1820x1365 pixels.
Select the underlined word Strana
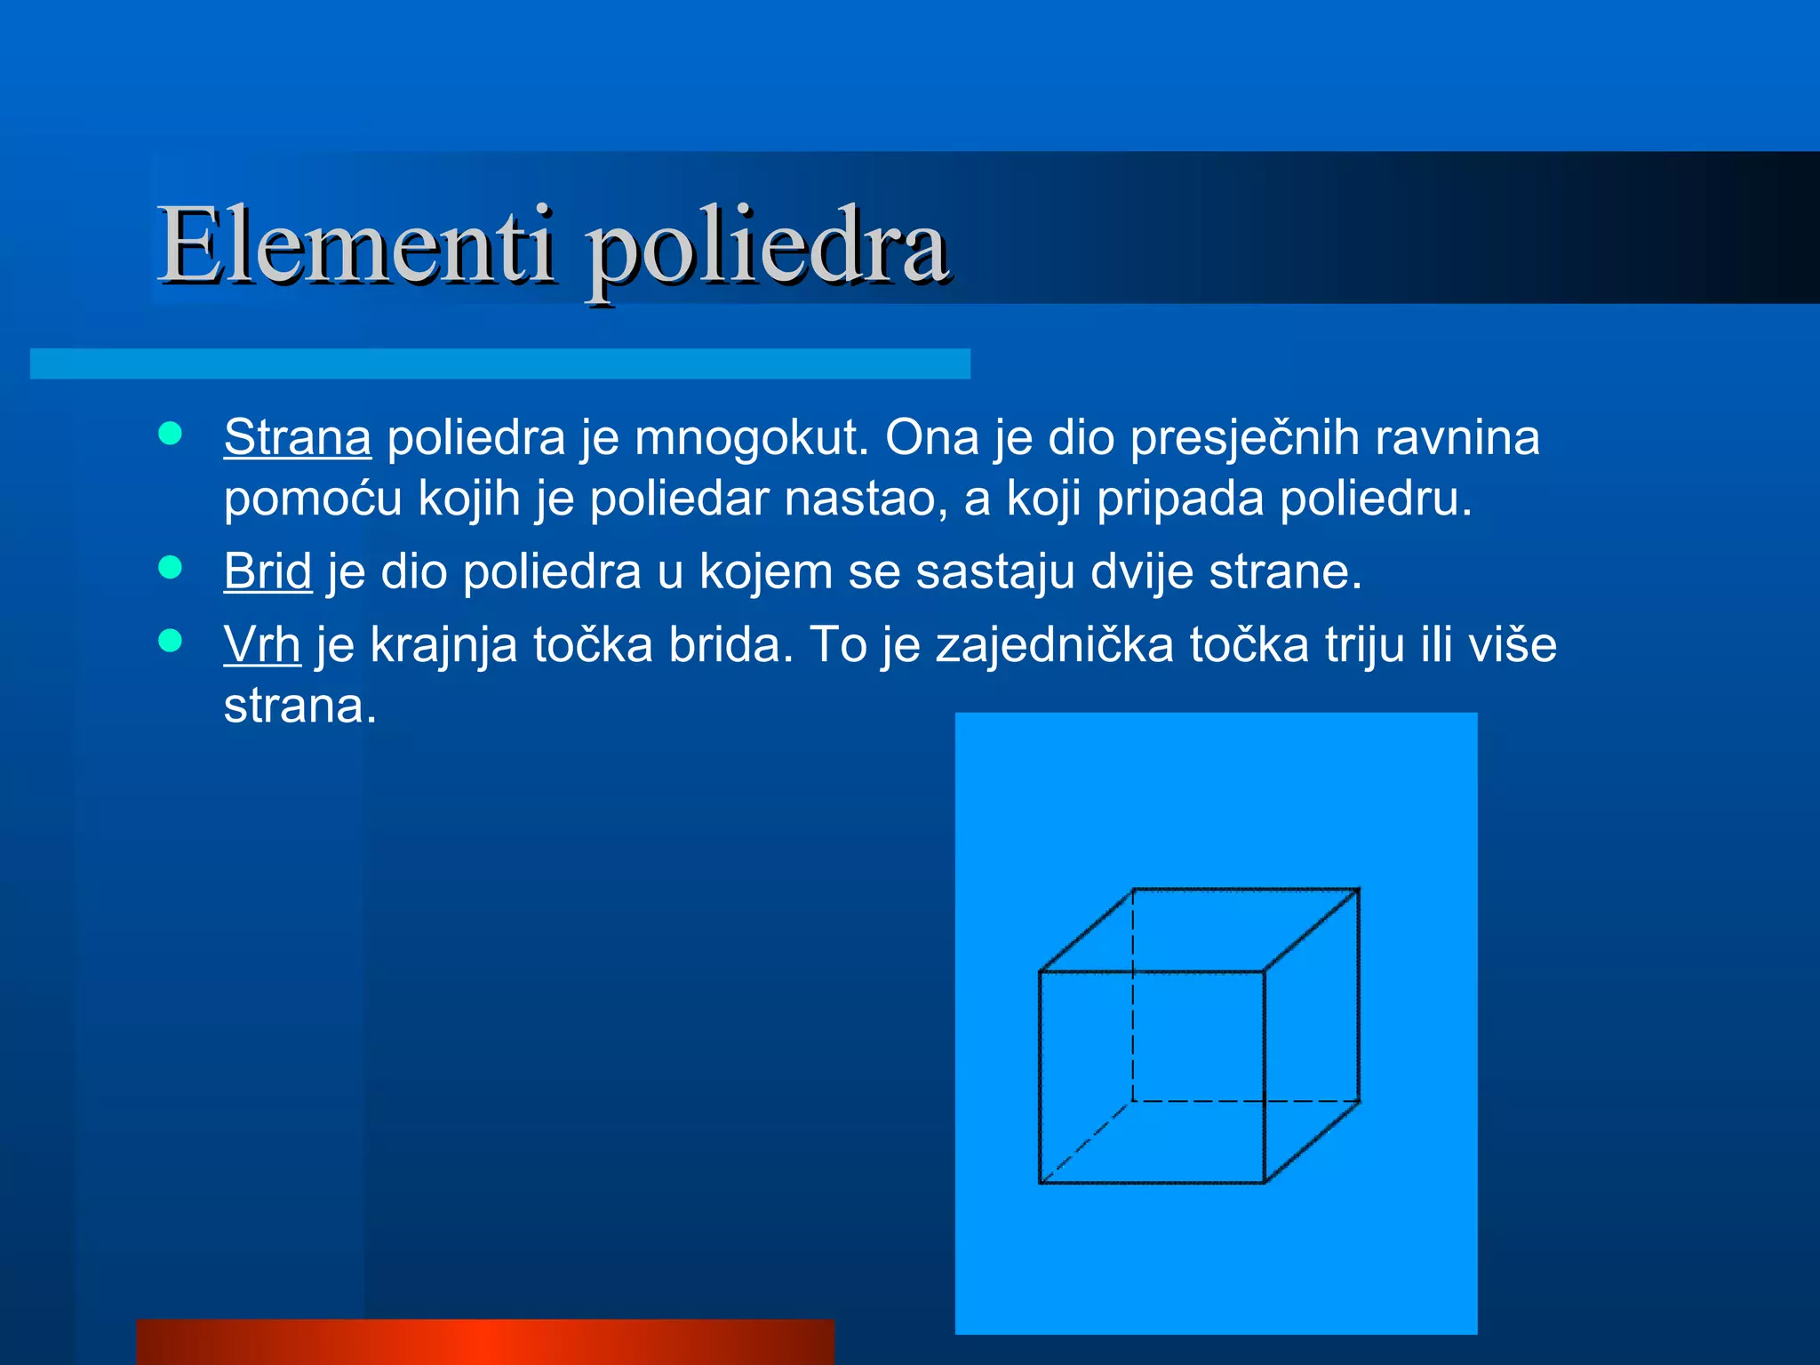(297, 437)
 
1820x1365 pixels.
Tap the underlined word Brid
(267, 571)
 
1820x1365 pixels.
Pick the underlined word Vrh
(261, 644)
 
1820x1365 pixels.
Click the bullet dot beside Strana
(170, 434)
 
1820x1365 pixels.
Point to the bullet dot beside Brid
(170, 567)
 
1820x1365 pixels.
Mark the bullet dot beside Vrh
(170, 640)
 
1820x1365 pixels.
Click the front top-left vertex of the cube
(1040, 971)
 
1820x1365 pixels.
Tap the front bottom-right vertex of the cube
(1265, 1183)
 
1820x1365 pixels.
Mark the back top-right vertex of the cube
(1359, 889)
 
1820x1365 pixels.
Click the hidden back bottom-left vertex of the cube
(1133, 1102)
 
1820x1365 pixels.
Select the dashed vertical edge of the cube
(1133, 995)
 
